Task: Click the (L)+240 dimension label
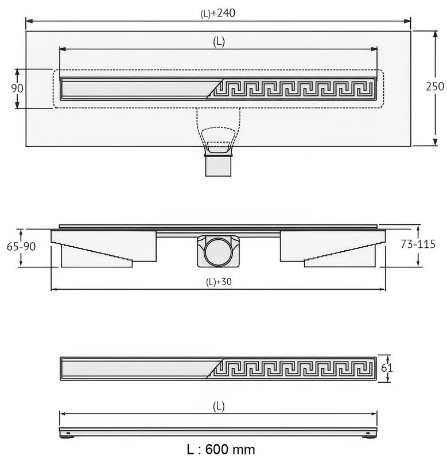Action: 218,13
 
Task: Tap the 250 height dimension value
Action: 435,87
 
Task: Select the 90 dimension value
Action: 17,88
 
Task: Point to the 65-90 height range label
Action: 21,247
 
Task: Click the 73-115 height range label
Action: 418,244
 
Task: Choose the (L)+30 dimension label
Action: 219,282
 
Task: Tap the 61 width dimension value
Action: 387,368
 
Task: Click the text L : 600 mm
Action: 221,449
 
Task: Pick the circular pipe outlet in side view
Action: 218,251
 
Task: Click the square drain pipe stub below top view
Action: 218,166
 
